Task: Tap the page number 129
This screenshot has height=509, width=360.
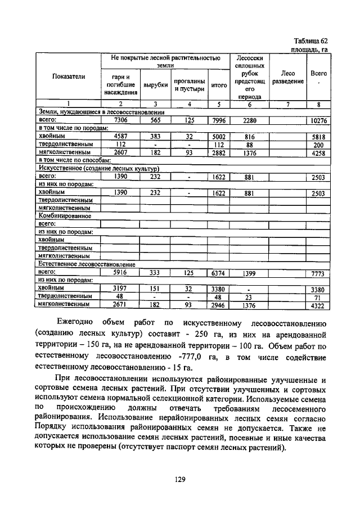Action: click(180, 479)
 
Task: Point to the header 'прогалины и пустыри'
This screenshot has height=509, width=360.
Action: click(189, 85)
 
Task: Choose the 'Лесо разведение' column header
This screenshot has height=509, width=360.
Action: click(287, 77)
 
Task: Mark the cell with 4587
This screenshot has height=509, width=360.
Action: click(120, 136)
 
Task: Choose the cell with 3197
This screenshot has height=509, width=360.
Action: click(120, 289)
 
